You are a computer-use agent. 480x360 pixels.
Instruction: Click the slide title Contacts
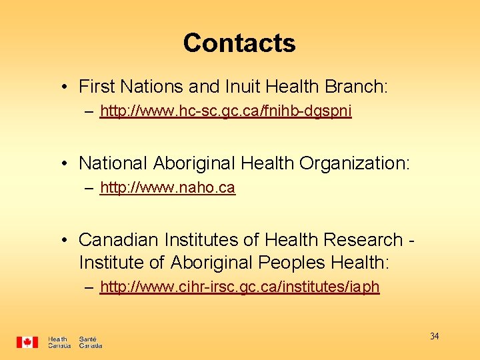[239, 43]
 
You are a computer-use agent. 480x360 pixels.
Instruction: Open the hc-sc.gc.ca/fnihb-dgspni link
[225, 111]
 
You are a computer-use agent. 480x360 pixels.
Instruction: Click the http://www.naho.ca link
[167, 188]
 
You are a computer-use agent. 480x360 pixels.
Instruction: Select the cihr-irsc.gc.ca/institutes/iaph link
[239, 287]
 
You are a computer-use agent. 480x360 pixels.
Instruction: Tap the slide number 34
[434, 336]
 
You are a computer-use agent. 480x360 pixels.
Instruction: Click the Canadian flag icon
[27, 342]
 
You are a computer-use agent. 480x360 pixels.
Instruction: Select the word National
[113, 163]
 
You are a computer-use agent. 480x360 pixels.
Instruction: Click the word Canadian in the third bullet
[117, 239]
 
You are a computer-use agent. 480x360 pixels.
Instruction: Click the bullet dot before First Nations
[61, 87]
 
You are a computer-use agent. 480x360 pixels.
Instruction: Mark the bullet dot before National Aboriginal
[61, 163]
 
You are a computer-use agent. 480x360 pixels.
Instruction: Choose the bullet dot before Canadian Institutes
[61, 240]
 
